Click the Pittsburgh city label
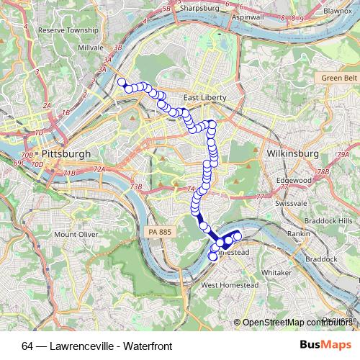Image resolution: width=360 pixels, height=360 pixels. [x=66, y=154]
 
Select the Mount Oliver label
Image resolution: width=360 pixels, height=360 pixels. [x=76, y=234]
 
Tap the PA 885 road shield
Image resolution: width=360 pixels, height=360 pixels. [x=161, y=231]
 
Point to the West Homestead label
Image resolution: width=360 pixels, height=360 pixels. [x=229, y=285]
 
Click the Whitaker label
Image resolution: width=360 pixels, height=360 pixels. [x=276, y=273]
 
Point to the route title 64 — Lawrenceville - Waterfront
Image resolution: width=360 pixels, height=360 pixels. [x=97, y=346]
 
